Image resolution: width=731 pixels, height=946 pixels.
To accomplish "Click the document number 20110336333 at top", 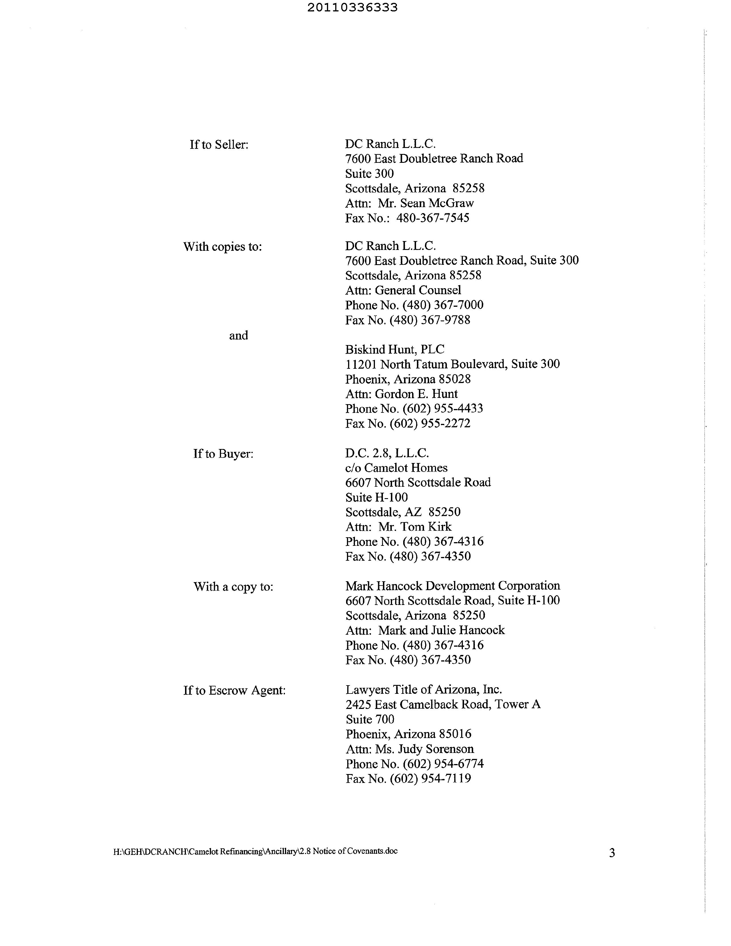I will (x=352, y=8).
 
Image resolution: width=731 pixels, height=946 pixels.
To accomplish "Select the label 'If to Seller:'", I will (x=219, y=145).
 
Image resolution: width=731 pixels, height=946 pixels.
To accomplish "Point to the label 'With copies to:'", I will (x=223, y=247).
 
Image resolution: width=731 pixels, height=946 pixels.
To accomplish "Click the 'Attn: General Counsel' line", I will (x=403, y=290).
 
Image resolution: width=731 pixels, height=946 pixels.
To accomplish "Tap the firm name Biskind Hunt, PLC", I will (x=395, y=350).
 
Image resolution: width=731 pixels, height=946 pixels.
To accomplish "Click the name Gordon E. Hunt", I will (x=416, y=394).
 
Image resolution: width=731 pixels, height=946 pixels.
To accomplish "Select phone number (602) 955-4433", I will (x=443, y=409).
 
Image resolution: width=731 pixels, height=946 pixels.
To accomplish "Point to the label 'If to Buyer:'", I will (x=223, y=454).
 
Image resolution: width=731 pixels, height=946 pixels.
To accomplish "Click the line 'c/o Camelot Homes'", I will (x=396, y=468).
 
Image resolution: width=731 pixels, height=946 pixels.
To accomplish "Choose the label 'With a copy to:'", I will (x=233, y=587).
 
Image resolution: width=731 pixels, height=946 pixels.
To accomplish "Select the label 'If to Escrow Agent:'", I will (x=234, y=690).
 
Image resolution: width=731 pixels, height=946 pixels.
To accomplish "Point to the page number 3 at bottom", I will (x=612, y=853).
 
